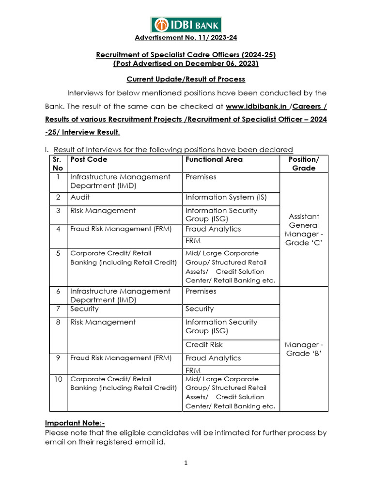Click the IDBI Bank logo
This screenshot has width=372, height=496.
point(186,24)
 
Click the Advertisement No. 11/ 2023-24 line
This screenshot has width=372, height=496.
point(186,38)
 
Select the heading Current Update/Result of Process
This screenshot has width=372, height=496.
point(186,79)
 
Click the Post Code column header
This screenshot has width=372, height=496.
point(89,159)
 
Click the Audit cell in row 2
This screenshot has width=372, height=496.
point(80,197)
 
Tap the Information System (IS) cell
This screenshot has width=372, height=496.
point(226,197)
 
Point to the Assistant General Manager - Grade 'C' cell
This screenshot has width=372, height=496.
point(304,230)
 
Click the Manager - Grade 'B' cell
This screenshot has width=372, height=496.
point(304,349)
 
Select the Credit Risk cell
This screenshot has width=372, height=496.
point(204,345)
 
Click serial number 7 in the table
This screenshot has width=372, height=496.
point(58,309)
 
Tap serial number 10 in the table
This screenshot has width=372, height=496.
point(58,379)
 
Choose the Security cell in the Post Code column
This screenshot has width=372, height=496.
point(84,309)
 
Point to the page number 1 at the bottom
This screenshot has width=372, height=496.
point(186,463)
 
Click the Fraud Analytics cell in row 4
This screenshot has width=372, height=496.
point(213,229)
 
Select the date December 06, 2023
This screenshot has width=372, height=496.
point(224,63)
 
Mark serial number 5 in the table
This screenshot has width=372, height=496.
point(58,253)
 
